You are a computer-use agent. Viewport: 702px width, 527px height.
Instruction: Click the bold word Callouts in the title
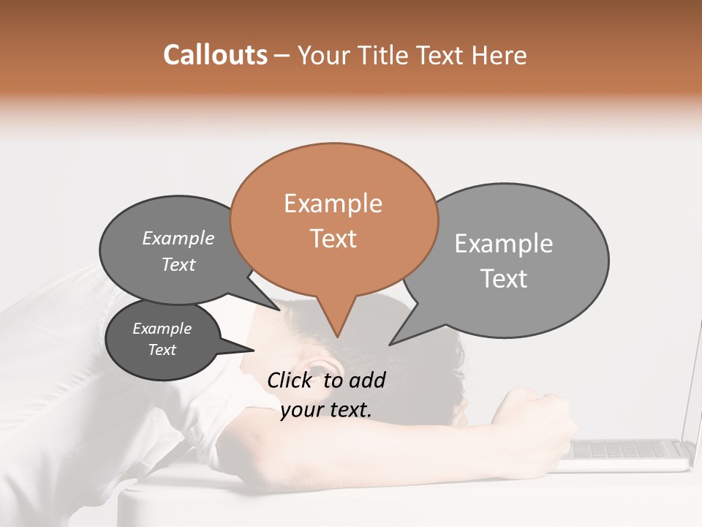point(215,56)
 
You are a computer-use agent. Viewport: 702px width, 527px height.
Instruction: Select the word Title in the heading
point(386,56)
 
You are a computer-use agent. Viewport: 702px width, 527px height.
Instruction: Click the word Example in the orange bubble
point(333,203)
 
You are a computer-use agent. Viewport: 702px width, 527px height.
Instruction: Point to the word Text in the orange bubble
point(333,239)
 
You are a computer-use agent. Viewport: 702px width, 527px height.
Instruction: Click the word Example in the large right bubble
point(503,244)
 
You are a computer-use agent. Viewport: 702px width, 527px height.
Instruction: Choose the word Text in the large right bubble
point(503,279)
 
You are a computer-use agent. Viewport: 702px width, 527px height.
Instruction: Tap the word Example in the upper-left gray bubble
point(178,239)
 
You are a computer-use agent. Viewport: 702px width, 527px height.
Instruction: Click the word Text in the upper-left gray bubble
point(178,264)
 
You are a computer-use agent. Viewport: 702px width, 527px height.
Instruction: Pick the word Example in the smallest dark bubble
point(162,329)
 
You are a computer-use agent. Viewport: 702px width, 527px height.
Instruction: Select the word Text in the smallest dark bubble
point(162,350)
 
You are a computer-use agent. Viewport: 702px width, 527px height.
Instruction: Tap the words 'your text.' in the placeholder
point(325,410)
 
